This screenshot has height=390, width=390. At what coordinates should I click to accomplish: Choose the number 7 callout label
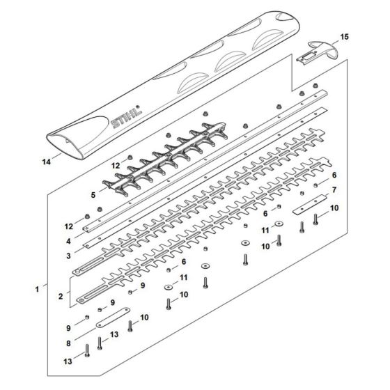click(334, 189)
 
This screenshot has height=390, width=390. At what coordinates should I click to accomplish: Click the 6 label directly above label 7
click(334, 174)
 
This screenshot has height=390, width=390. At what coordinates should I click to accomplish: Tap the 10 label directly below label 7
click(334, 208)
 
